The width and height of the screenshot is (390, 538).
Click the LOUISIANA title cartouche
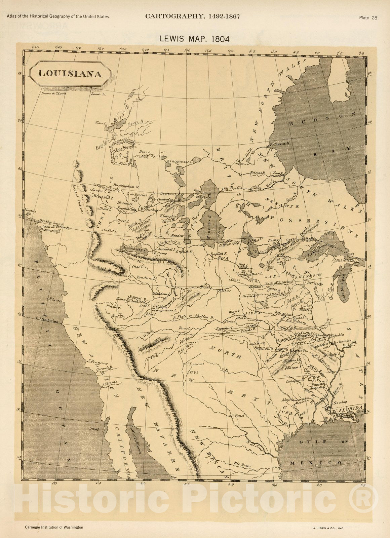pos(70,73)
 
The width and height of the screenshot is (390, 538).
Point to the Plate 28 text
pos(368,18)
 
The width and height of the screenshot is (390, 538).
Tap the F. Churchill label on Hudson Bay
pos(280,143)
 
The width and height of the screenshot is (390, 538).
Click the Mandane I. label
pos(160,294)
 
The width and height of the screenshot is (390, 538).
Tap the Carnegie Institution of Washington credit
pos(54,527)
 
